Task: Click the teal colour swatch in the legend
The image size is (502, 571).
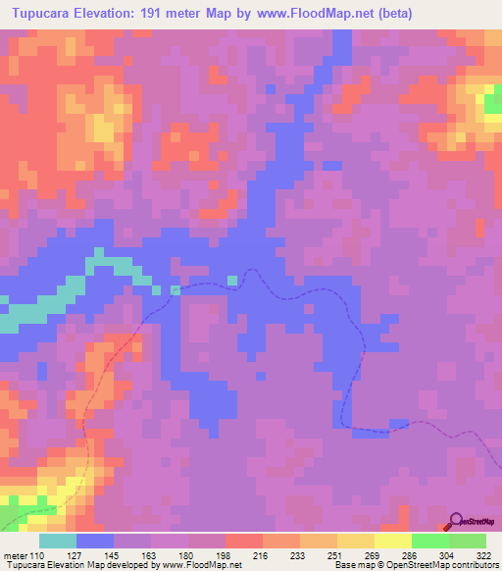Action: pyautogui.click(x=58, y=541)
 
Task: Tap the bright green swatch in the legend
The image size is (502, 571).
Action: pyautogui.click(x=429, y=541)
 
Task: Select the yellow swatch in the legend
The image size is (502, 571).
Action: pyautogui.click(x=392, y=541)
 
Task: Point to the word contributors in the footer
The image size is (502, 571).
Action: pyautogui.click(x=475, y=566)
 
